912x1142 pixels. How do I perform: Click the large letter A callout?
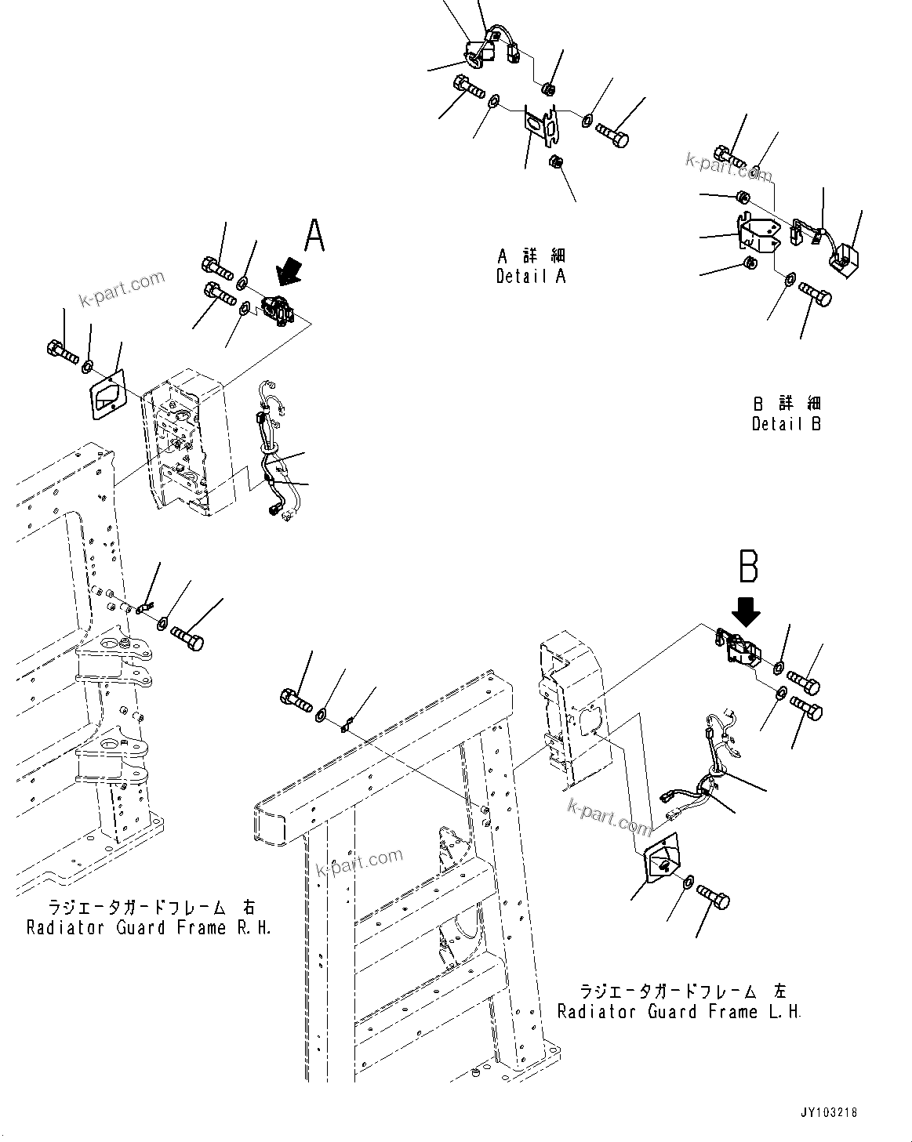314,235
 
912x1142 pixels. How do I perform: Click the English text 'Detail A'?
531,277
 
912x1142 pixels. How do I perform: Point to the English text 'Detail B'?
787,424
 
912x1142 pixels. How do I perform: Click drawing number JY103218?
828,1112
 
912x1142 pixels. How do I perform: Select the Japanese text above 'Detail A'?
531,256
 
